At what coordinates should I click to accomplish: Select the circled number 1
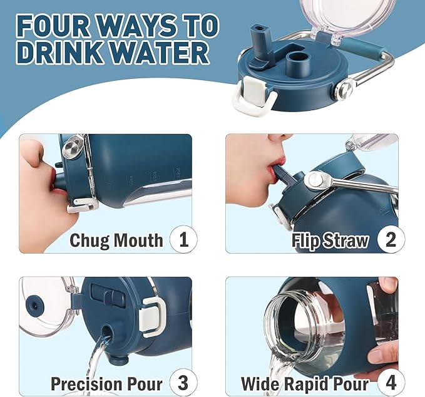click(x=183, y=239)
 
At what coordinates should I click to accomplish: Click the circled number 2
click(x=391, y=239)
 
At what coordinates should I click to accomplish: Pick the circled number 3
click(x=183, y=383)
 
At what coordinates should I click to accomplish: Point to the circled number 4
click(x=391, y=383)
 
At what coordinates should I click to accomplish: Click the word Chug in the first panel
click(x=89, y=240)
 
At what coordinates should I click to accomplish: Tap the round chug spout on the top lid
click(x=297, y=64)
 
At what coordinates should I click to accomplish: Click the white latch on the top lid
click(x=254, y=95)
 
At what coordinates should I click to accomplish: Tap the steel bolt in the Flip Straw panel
click(x=315, y=179)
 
